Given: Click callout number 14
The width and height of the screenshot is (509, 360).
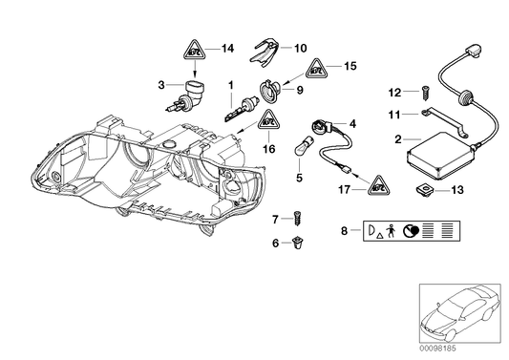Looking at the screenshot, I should pyautogui.click(x=226, y=48).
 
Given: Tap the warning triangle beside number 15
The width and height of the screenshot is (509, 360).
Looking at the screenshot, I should pyautogui.click(x=317, y=69).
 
